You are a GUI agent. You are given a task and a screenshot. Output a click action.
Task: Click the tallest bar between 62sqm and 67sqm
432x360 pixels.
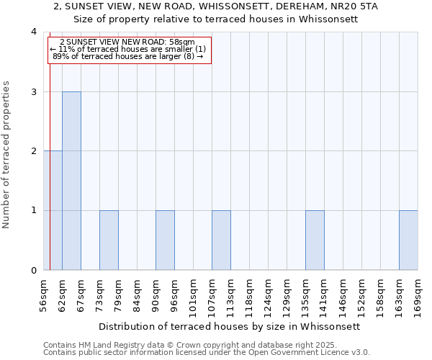[x=71, y=181]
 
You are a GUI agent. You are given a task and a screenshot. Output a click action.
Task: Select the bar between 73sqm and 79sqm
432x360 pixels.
[x=109, y=240]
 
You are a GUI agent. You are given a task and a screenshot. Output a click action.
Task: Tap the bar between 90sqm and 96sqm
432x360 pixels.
[x=165, y=240]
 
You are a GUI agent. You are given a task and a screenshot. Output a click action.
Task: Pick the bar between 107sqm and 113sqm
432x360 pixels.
[x=221, y=240]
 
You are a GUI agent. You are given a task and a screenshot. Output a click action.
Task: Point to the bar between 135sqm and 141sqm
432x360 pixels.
[x=315, y=240]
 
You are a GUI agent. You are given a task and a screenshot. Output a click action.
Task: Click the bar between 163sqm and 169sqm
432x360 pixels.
[x=408, y=240]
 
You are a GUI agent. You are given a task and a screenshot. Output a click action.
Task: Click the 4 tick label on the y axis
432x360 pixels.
[x=34, y=32]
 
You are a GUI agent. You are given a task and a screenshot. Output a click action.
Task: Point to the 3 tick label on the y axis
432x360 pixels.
[x=34, y=92]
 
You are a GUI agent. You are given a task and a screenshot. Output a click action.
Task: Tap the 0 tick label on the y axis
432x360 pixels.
[x=34, y=271]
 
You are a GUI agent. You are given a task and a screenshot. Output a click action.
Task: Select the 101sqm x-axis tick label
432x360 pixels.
[x=193, y=296]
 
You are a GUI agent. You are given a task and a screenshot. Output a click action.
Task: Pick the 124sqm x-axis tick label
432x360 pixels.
[x=268, y=296]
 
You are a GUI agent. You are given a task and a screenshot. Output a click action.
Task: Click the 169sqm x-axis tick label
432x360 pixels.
[x=418, y=296]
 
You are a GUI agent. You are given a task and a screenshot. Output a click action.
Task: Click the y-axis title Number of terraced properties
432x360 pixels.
[x=7, y=155]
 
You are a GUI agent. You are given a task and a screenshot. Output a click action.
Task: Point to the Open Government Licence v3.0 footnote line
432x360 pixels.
[x=207, y=353]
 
